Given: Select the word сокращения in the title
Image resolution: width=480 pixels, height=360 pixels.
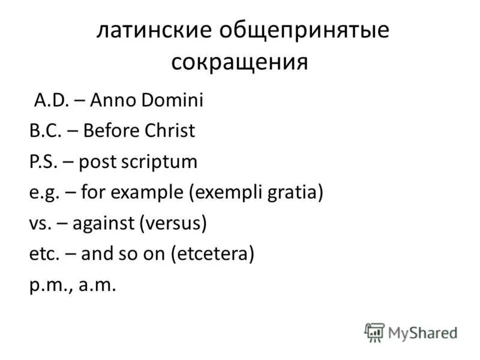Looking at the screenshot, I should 240,62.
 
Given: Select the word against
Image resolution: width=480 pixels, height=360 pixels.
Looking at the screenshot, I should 104,224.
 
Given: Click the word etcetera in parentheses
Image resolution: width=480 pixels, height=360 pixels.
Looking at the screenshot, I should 213,255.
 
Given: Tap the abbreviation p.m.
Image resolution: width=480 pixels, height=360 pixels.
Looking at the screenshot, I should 52,286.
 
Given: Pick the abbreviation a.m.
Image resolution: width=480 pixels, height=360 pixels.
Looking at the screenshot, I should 95,286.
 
